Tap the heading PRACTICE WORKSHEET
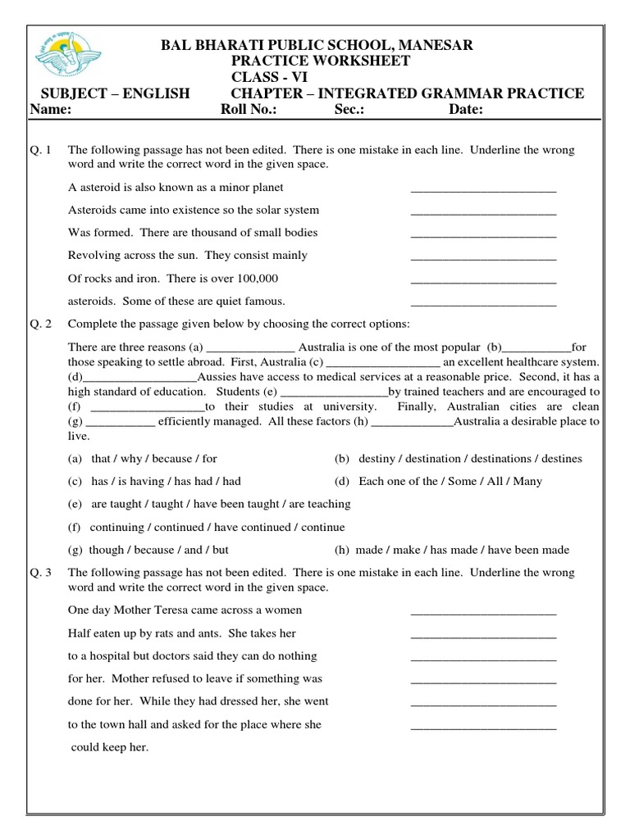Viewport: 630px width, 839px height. (320, 61)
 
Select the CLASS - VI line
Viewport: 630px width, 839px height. (267, 77)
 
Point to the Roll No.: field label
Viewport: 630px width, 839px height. (249, 111)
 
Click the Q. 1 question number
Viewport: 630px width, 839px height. (39, 151)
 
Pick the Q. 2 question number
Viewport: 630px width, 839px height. (39, 324)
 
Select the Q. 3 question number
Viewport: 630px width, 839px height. (39, 573)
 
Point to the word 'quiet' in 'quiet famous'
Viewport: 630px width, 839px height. (225, 302)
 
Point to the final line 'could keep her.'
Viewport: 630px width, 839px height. (109, 747)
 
